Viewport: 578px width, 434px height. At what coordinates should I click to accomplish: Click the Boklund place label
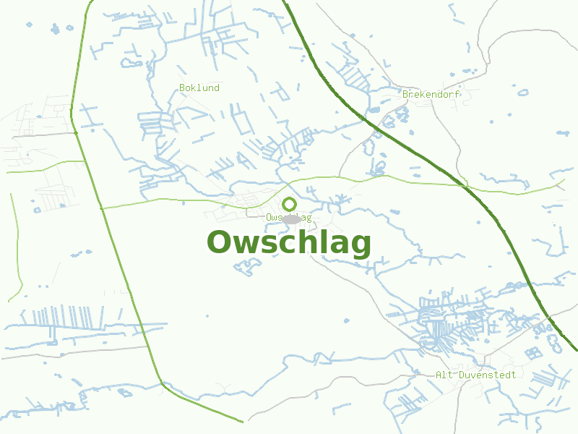click(199, 88)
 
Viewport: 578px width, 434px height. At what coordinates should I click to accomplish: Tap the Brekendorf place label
click(431, 94)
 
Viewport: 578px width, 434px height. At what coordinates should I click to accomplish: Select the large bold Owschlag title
click(289, 243)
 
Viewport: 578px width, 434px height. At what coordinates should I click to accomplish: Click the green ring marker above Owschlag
click(289, 204)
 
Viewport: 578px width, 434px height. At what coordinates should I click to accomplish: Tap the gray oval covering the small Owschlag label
click(291, 218)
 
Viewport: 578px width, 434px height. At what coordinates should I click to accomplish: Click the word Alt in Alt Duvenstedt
click(443, 375)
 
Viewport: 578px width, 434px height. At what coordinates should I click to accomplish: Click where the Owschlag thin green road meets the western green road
click(100, 208)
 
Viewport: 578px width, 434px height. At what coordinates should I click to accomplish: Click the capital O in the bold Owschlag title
click(220, 243)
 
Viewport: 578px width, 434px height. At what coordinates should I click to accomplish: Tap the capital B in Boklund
click(182, 88)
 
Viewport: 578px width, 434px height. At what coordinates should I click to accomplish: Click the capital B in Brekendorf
click(406, 94)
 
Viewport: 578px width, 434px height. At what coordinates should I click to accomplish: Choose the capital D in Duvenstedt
click(461, 375)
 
